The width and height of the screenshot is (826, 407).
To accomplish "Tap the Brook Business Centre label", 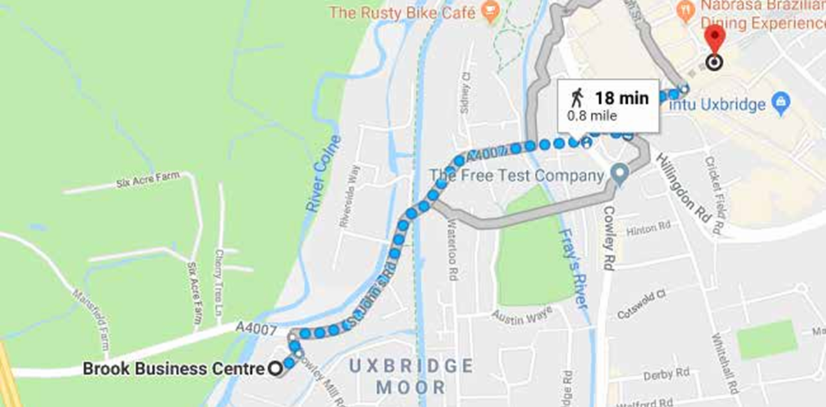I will [173, 369].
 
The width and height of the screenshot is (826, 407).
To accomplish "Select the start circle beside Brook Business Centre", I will [275, 369].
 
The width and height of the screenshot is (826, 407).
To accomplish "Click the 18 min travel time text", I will [621, 98].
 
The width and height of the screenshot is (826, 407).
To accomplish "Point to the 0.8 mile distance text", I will [592, 116].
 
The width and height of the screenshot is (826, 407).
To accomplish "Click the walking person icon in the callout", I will [577, 98].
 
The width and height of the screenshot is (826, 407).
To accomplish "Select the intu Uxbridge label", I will [717, 105].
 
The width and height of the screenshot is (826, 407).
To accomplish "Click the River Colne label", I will [322, 174].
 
